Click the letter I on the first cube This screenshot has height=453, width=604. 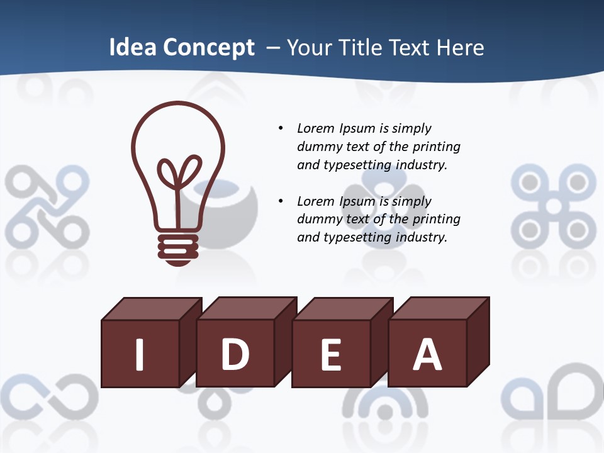pyautogui.click(x=140, y=354)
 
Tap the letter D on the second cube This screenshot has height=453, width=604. pyautogui.click(x=235, y=354)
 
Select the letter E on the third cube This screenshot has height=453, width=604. pyautogui.click(x=331, y=355)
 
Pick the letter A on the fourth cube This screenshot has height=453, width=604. pyautogui.click(x=427, y=354)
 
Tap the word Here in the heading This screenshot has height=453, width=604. pyautogui.click(x=461, y=48)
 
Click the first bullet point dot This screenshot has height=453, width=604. pyautogui.click(x=281, y=128)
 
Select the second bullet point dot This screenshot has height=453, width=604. pyautogui.click(x=281, y=201)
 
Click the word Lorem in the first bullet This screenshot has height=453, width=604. pyautogui.click(x=316, y=128)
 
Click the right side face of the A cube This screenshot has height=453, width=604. pyautogui.click(x=478, y=343)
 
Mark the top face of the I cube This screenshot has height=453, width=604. pyautogui.click(x=151, y=308)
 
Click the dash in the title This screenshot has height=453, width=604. pyautogui.click(x=273, y=48)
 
